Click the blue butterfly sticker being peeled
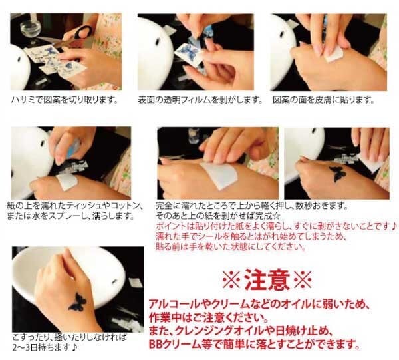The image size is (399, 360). pos(188,51)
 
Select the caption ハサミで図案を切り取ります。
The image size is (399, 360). pos(65,100)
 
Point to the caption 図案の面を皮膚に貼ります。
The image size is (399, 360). pos(323,100)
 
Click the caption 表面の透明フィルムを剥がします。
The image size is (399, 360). pos(200,100)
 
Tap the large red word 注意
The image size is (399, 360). pos(267,279)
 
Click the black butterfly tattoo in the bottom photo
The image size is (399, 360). pos(77,301)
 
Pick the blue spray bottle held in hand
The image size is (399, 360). pos(74,148)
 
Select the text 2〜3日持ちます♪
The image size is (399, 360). pos(45,347)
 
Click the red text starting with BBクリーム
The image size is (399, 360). pos(255,345)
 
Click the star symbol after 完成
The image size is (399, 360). pos(276,216)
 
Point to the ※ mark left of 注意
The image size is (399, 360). pos(231,279)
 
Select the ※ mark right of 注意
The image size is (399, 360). pos(303,279)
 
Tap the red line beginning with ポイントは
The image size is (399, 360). pos(276,226)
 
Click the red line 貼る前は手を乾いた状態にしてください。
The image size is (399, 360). pos(231,246)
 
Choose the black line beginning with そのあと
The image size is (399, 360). pos(218,216)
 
